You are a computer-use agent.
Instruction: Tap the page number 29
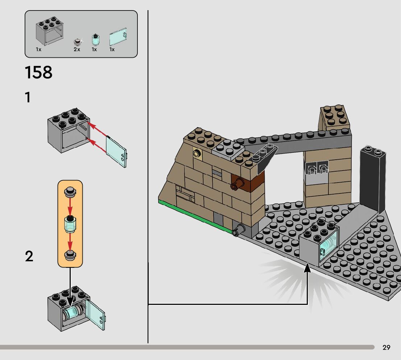[x=386, y=348]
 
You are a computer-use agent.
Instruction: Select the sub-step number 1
[x=28, y=98]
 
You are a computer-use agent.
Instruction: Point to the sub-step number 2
[x=29, y=257]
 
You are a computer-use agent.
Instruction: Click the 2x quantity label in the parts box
[x=77, y=49]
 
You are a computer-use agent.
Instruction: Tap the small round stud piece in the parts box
[x=77, y=41]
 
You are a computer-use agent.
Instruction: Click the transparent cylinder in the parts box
[x=95, y=39]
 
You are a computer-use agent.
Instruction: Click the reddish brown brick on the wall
[x=248, y=181]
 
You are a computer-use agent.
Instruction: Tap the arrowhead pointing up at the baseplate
[x=307, y=268]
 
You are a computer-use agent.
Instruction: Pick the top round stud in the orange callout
[x=70, y=192]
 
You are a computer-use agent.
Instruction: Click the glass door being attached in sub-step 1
[x=116, y=151]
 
